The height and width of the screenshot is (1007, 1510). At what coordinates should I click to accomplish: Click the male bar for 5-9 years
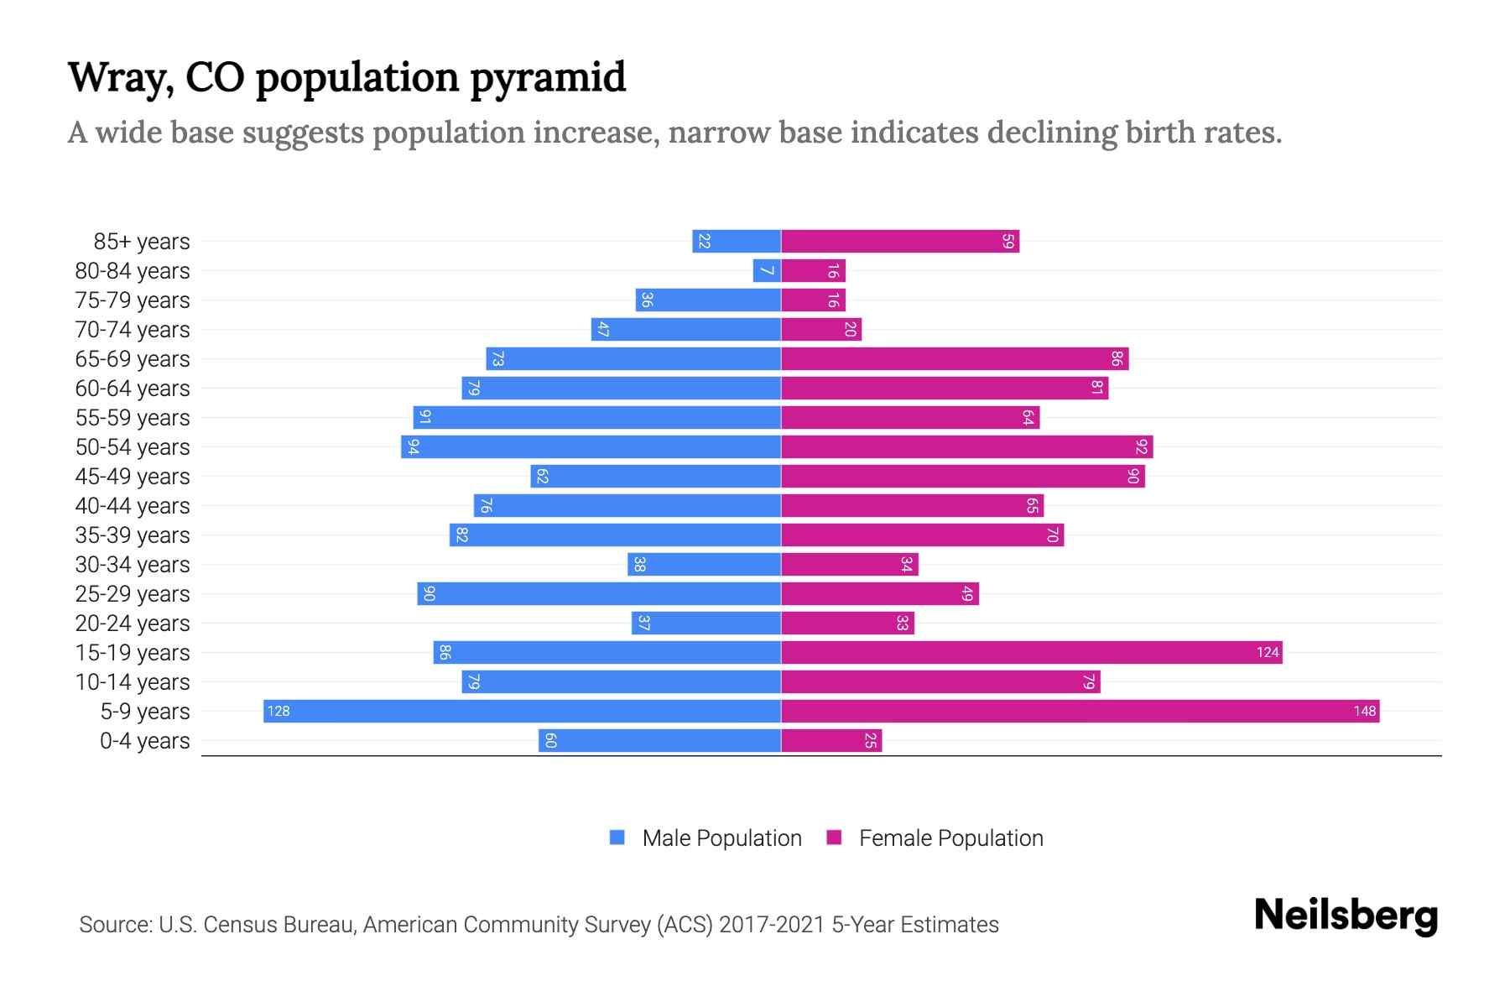pyautogui.click(x=522, y=711)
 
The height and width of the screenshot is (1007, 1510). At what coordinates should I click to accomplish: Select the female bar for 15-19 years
pyautogui.click(x=1031, y=652)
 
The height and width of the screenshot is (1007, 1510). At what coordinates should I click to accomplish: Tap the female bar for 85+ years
pyautogui.click(x=899, y=242)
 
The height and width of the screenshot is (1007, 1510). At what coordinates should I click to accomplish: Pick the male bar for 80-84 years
pyautogui.click(x=767, y=271)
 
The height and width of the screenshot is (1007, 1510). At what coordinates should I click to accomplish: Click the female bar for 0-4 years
pyautogui.click(x=830, y=740)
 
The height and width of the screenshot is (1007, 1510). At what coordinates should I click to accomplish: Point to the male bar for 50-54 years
pyautogui.click(x=591, y=446)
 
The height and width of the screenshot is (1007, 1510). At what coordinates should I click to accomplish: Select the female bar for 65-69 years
pyautogui.click(x=954, y=359)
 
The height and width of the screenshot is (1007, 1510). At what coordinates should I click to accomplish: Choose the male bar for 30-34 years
pyautogui.click(x=704, y=564)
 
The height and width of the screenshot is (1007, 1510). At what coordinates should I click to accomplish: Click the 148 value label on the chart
pyautogui.click(x=1364, y=711)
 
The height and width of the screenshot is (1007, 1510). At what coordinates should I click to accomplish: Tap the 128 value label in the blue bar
pyautogui.click(x=279, y=711)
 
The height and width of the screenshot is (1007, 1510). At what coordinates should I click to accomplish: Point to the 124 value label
pyautogui.click(x=1268, y=652)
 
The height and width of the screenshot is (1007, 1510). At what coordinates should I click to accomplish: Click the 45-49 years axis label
pyautogui.click(x=133, y=477)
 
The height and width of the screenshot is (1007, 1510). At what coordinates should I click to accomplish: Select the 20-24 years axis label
pyautogui.click(x=133, y=624)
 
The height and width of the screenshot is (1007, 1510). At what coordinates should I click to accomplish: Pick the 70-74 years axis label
pyautogui.click(x=133, y=330)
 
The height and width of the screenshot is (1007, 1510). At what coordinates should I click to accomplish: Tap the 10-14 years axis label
pyautogui.click(x=133, y=682)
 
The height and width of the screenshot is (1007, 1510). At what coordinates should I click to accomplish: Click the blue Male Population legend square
pyautogui.click(x=617, y=837)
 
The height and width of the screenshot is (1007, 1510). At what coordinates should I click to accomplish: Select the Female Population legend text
pyautogui.click(x=950, y=838)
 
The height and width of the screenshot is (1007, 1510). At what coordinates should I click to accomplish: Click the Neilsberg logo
pyautogui.click(x=1346, y=915)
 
